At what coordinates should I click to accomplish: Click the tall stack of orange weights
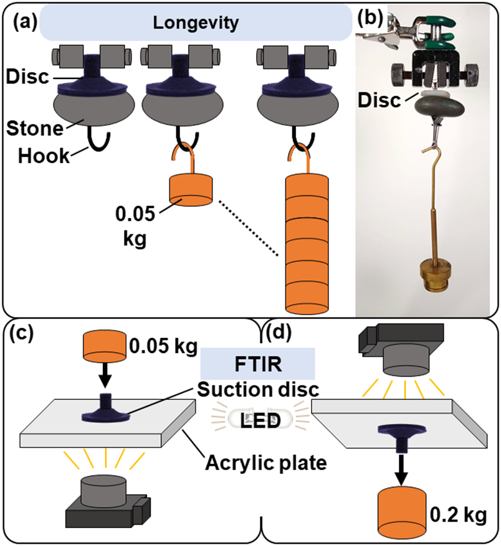pos(309,243)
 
